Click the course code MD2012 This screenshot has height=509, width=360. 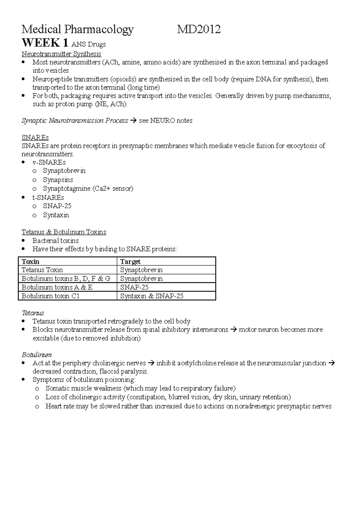point(199,29)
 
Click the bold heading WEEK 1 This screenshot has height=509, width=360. point(45,43)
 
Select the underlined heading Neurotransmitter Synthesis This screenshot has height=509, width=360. point(61,54)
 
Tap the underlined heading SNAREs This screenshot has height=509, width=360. point(35,138)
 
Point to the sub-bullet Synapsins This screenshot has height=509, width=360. point(58,180)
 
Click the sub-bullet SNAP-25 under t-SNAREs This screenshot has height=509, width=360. point(57,206)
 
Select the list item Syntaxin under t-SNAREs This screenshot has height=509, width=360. point(56,215)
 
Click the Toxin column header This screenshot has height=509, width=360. point(31,261)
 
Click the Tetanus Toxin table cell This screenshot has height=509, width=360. point(42,270)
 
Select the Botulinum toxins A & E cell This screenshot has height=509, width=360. point(57,287)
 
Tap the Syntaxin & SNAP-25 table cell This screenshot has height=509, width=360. point(151,296)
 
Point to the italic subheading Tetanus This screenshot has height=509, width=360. point(33,313)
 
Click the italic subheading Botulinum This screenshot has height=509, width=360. point(37,355)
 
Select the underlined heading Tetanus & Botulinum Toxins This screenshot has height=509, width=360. point(64,232)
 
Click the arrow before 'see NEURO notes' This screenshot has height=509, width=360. point(133,121)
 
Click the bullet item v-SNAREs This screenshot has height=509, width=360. point(49,162)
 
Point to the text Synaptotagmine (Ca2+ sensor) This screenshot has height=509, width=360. point(88,189)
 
